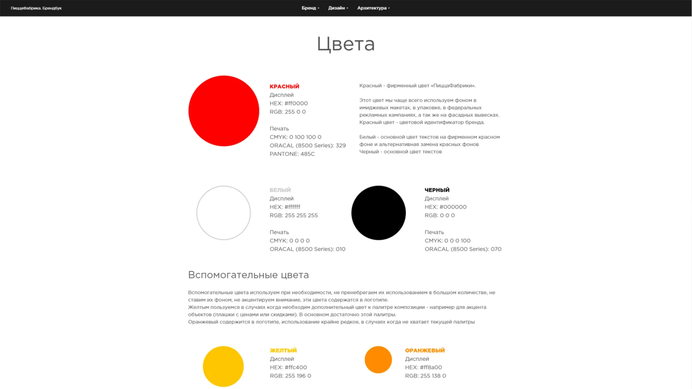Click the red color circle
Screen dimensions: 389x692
pyautogui.click(x=224, y=111)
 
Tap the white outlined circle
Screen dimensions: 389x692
pyautogui.click(x=224, y=213)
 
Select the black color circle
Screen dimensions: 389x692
pyautogui.click(x=379, y=213)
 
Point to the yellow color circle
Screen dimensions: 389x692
pyautogui.click(x=223, y=366)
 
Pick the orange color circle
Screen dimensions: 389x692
pyautogui.click(x=378, y=360)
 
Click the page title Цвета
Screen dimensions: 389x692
pyautogui.click(x=346, y=44)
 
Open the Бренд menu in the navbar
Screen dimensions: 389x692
pyautogui.click(x=310, y=8)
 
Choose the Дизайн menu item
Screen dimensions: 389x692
pyautogui.click(x=338, y=8)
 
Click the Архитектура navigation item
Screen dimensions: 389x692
pyautogui.click(x=373, y=8)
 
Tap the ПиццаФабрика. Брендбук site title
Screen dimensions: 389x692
pyautogui.click(x=36, y=8)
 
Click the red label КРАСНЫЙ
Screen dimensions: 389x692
pyautogui.click(x=284, y=86)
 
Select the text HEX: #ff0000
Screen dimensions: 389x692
pyautogui.click(x=289, y=103)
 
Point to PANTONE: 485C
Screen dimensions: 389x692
pyautogui.click(x=292, y=154)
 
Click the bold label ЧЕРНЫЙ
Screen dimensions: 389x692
pyautogui.click(x=437, y=190)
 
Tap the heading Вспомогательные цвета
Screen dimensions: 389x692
pyautogui.click(x=248, y=275)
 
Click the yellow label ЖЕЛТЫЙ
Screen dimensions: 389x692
pyautogui.click(x=283, y=350)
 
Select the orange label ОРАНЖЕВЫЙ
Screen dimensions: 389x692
pyautogui.click(x=425, y=350)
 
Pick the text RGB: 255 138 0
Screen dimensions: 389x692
pyautogui.click(x=426, y=376)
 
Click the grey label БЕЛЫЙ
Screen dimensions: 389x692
pyautogui.click(x=280, y=190)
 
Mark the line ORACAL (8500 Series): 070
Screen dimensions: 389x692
pyautogui.click(x=463, y=249)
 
